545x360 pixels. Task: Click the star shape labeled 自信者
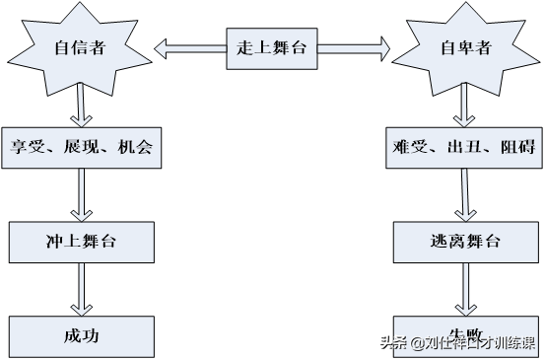[79, 46]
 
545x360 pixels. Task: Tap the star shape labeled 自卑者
[464, 46]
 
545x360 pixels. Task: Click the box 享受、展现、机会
[80, 148]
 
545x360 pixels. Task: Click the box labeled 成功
[79, 335]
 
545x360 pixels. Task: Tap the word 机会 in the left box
[133, 148]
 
